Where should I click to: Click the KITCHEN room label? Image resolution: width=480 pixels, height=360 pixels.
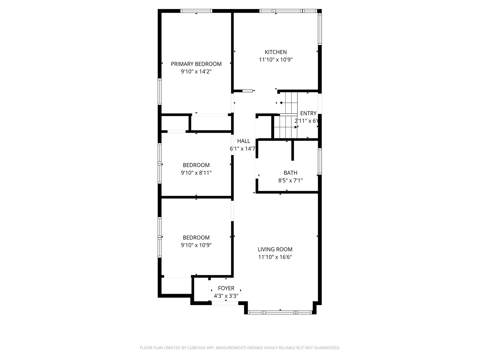[275, 52]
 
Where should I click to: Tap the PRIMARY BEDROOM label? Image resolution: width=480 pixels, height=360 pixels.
[196, 64]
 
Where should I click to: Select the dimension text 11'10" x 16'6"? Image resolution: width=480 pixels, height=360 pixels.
[275, 257]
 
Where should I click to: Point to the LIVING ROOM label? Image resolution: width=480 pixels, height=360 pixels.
[275, 249]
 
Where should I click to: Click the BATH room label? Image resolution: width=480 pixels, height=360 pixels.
[290, 173]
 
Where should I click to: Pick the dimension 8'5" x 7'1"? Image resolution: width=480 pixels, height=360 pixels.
[290, 181]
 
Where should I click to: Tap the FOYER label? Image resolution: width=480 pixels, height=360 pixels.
[226, 288]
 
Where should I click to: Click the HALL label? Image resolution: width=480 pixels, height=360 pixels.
[243, 141]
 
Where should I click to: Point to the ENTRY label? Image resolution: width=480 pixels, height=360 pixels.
[308, 113]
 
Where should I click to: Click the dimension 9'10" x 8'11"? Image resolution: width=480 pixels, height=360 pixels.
[196, 173]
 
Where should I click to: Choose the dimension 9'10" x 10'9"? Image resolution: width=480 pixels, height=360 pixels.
[196, 245]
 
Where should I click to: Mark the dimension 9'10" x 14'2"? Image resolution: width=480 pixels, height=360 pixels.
[196, 72]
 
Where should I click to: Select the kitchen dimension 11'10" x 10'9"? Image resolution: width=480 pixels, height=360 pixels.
[275, 60]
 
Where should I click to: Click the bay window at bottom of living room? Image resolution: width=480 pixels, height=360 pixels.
[280, 312]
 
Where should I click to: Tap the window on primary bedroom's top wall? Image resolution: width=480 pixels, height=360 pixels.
[196, 11]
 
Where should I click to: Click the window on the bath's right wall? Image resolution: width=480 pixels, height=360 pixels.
[320, 161]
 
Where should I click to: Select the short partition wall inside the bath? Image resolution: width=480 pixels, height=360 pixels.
[293, 150]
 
